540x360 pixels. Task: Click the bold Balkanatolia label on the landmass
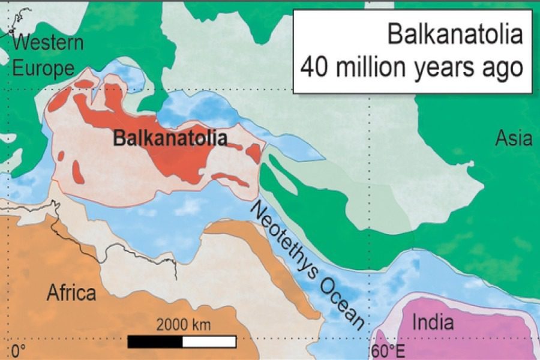coord(170,139)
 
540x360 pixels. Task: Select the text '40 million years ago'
coord(412,67)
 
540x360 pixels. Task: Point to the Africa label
coord(71,293)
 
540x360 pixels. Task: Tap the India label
coord(433,323)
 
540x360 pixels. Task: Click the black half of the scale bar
coord(155,341)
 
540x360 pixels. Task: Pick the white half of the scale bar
coord(209,341)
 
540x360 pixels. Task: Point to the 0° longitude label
coord(19,350)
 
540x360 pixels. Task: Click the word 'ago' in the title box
coord(503,68)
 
